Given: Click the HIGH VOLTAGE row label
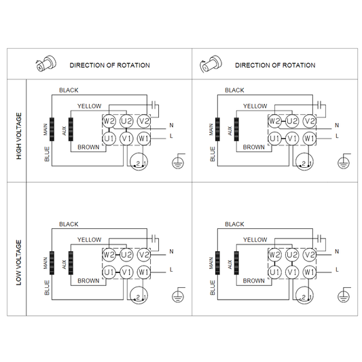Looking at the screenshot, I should (x=19, y=136).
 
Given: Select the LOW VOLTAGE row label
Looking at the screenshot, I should (x=19, y=262).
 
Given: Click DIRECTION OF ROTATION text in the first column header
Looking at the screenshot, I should (x=109, y=65).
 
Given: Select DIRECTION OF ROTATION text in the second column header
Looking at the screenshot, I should (x=275, y=65).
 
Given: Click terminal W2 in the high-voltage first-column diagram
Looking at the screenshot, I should (x=109, y=121).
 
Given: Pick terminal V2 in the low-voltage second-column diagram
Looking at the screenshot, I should (x=309, y=255).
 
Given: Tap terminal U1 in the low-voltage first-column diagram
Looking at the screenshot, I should (x=109, y=272).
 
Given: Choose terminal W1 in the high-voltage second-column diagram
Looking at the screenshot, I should (x=309, y=138).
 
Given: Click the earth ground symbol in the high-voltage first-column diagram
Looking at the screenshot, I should (x=179, y=161).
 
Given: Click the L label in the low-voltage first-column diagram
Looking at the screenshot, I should (x=171, y=270).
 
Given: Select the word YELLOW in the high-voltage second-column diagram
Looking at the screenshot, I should (x=255, y=107).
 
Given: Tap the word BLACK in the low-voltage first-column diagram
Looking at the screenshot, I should (x=69, y=224).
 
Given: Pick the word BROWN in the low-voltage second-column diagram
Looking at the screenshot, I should (x=254, y=280).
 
